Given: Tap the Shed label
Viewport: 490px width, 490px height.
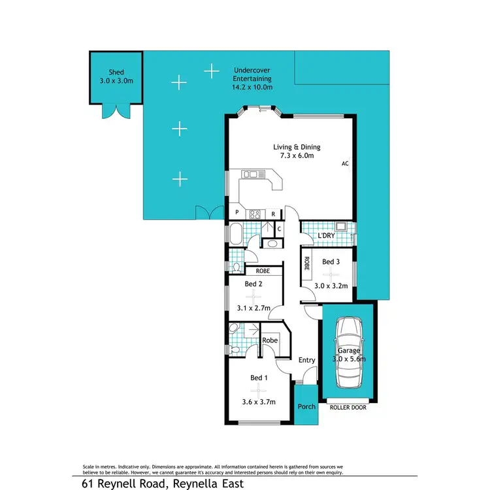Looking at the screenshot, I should (116, 73).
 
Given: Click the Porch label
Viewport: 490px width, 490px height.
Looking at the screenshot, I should (306, 406).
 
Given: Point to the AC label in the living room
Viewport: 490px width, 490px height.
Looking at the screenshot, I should (344, 164).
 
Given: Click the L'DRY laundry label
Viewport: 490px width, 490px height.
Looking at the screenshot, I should (325, 235).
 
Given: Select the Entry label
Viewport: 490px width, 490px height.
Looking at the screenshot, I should (306, 360).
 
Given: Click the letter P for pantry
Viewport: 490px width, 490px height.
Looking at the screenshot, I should (236, 214).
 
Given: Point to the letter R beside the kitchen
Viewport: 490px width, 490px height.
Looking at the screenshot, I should (273, 214).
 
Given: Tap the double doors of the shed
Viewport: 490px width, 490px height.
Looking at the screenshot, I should (116, 112).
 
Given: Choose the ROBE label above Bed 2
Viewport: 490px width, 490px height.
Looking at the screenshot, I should (263, 270).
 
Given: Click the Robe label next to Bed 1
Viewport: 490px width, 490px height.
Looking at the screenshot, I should (269, 340).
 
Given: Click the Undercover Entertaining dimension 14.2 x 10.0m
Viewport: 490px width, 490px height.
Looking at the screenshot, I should (252, 87).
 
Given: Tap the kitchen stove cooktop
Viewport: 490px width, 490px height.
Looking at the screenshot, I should (253, 213).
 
